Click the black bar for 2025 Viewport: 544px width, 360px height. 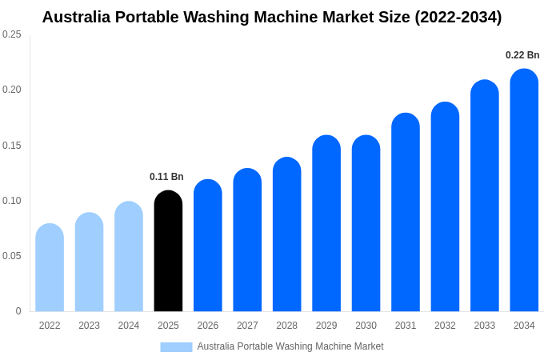[x=168, y=251]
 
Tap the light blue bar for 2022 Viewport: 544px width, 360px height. [x=50, y=268]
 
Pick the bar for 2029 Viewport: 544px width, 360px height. [x=326, y=223]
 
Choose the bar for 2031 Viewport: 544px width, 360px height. [x=406, y=212]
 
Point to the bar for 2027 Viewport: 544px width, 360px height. [x=247, y=240]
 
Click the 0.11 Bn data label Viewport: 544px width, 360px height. [x=166, y=177]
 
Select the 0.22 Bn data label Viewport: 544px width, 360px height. [x=522, y=55]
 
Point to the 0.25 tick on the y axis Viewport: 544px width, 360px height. [x=12, y=34]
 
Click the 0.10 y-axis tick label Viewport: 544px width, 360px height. [x=12, y=201]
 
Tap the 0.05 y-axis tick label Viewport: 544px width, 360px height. [x=12, y=256]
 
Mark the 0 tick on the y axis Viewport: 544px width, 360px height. [x=18, y=311]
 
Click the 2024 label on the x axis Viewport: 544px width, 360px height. [x=129, y=326]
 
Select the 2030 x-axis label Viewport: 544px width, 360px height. [x=366, y=326]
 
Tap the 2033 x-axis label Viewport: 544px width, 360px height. [x=485, y=326]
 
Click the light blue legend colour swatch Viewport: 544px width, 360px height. [x=176, y=346]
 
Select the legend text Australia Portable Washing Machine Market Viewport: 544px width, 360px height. [x=290, y=346]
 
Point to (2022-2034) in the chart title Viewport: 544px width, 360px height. [x=458, y=17]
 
